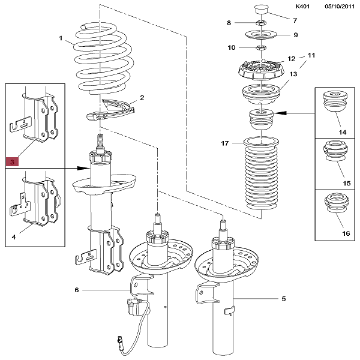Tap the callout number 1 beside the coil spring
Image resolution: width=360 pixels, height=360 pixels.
coord(61,39)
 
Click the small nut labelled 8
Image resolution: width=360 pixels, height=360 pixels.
coord(262,23)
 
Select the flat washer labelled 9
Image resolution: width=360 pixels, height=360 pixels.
coord(262,34)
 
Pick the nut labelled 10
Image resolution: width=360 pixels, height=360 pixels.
coord(262,47)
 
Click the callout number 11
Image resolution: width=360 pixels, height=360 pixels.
coord(311,56)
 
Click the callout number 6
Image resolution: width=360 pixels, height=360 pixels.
coord(77,290)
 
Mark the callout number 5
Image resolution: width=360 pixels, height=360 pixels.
coord(283,298)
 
